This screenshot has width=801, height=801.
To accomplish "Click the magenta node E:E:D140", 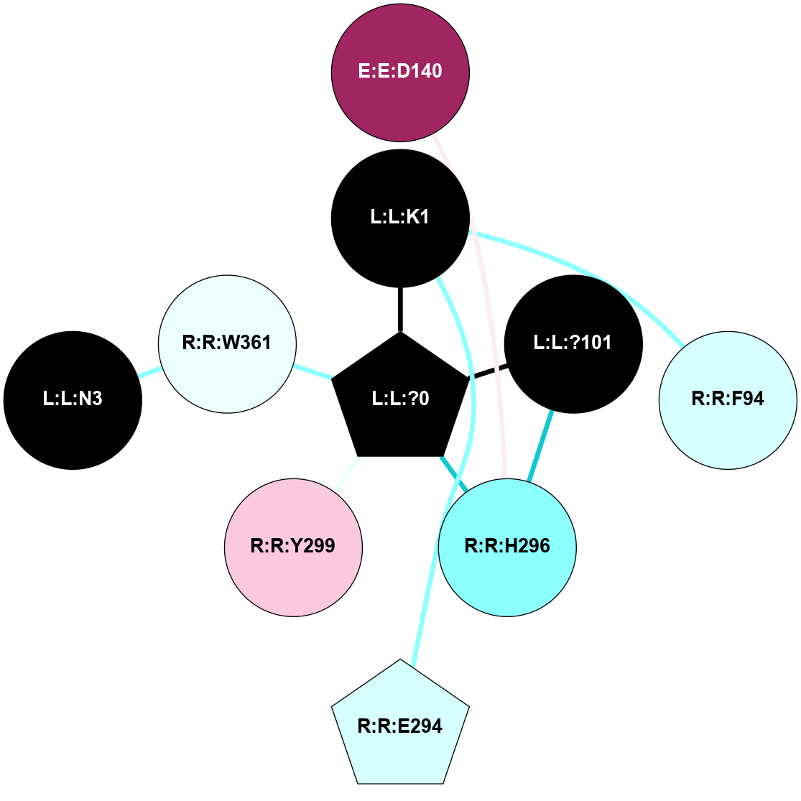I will tap(400, 72).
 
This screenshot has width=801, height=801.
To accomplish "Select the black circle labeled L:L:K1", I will tap(400, 217).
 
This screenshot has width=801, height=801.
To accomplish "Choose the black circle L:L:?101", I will tap(573, 343).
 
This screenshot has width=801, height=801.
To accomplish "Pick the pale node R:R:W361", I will tap(227, 343).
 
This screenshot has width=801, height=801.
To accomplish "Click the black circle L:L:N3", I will tap(73, 399).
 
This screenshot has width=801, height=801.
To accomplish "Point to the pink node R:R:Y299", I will tap(293, 547).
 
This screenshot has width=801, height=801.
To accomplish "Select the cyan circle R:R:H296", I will tap(507, 547).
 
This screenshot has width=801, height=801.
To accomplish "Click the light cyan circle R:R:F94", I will tap(728, 399).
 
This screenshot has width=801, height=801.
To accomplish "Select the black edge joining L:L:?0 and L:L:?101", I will tap(489, 371).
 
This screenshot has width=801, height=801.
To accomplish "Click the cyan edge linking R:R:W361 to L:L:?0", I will tap(313, 371).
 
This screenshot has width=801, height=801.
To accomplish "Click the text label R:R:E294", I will tap(400, 726).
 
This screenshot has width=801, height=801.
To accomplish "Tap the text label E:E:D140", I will tap(400, 72).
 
